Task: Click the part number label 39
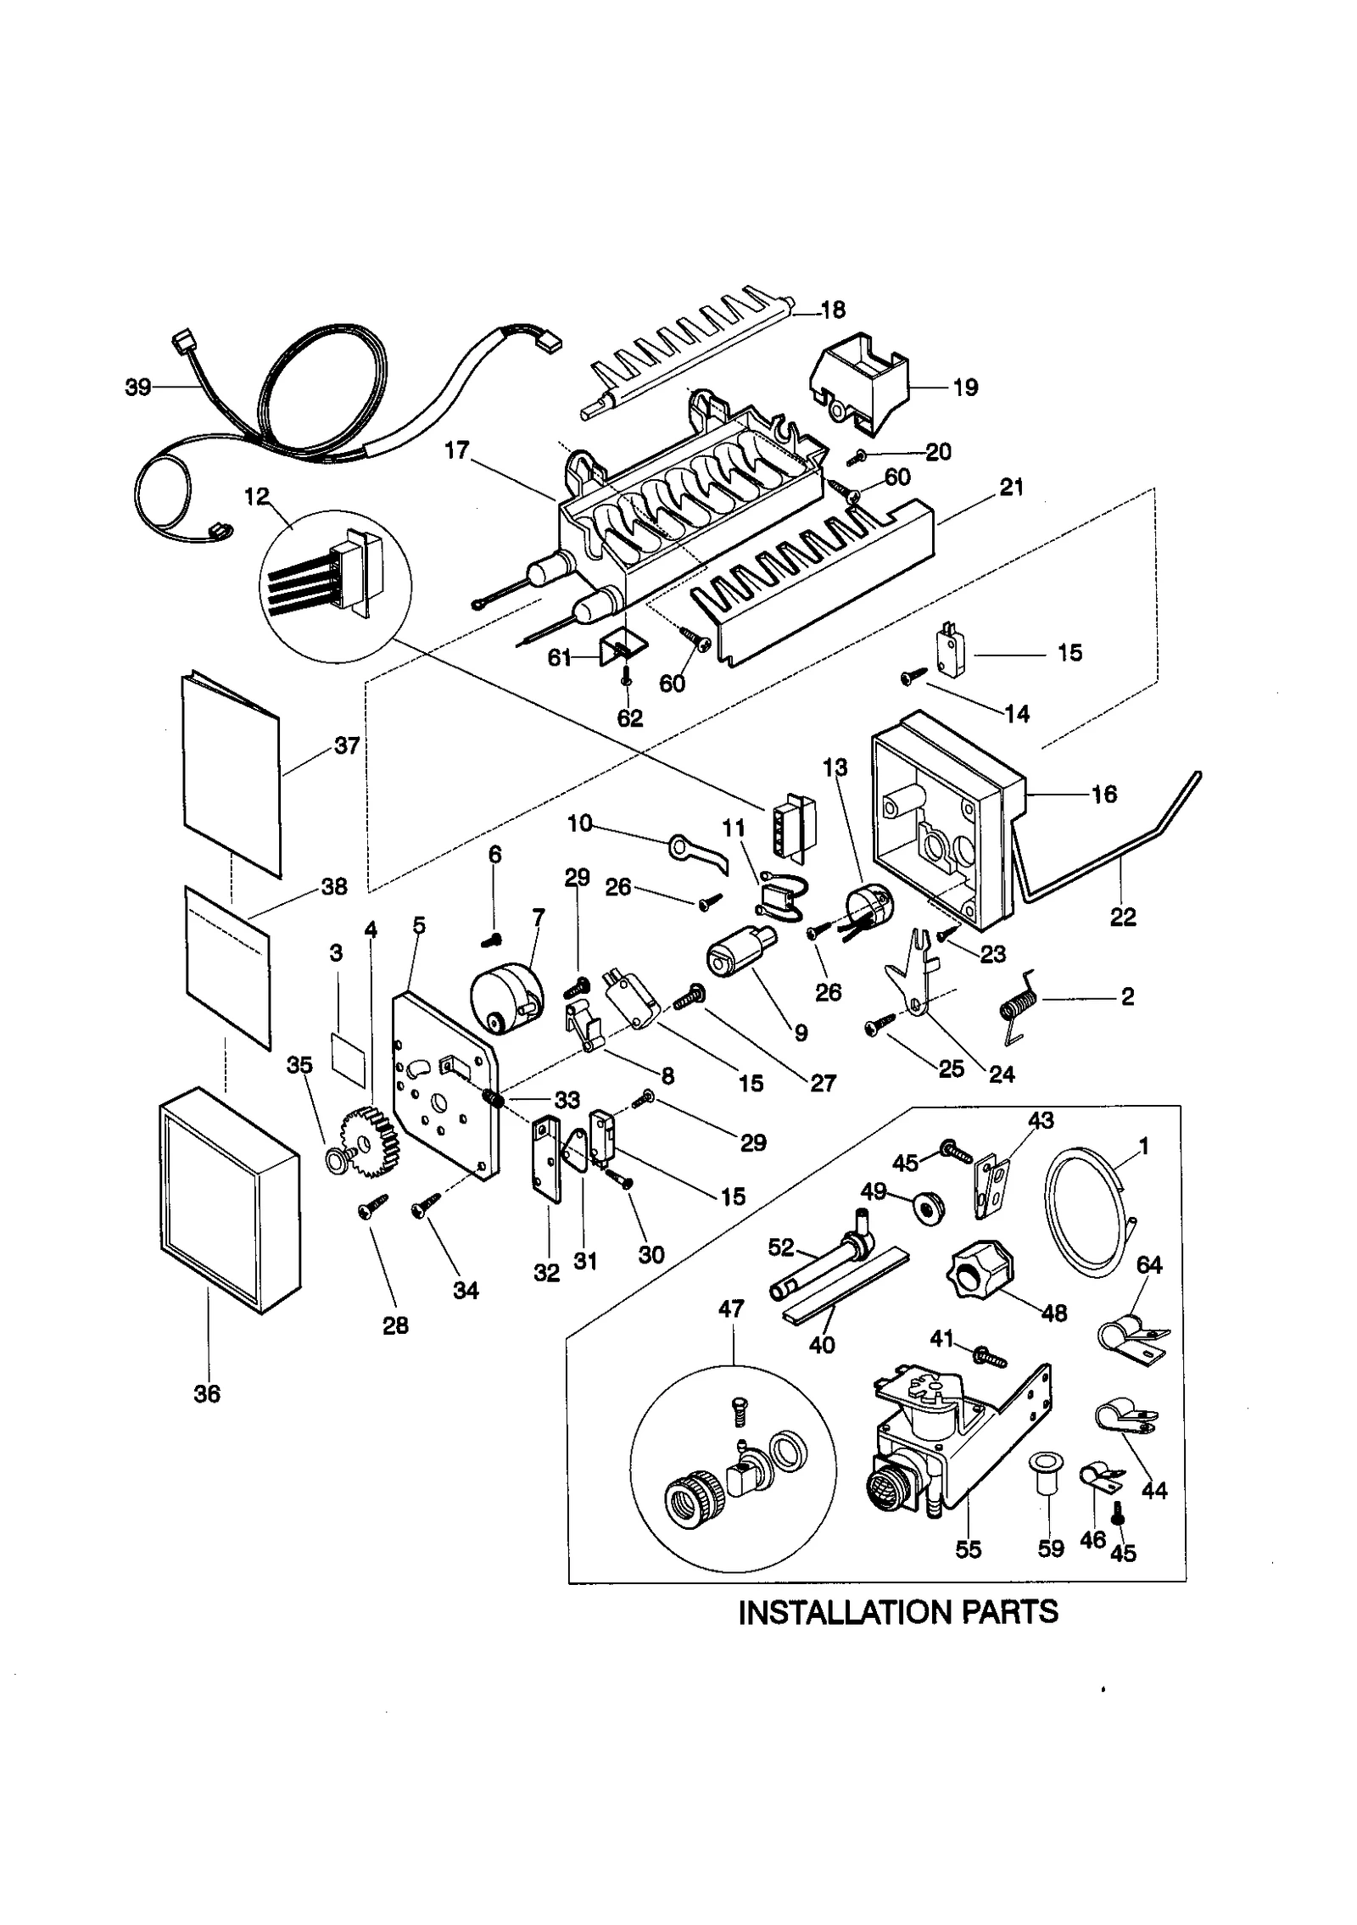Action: coord(137,388)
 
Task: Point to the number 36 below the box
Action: coord(207,1393)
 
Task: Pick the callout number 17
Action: coord(456,450)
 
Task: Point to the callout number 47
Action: coord(731,1308)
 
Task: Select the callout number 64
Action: coord(1149,1264)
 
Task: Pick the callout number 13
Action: coord(835,767)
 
